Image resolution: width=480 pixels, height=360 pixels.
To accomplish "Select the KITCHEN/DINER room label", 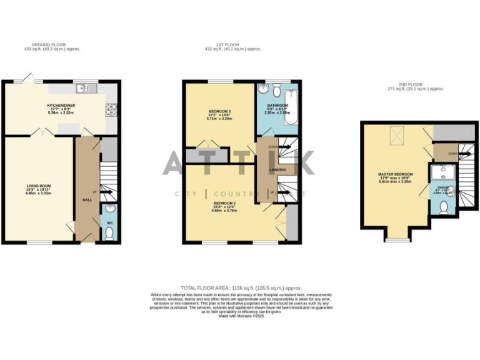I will point(61,106).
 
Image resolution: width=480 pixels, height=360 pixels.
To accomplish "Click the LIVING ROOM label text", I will point(39,186).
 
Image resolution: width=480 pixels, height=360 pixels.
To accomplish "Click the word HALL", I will point(87,199).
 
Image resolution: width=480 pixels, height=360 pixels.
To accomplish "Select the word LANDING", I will point(277,169).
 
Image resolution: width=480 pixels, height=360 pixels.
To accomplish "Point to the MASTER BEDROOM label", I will point(396,175).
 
